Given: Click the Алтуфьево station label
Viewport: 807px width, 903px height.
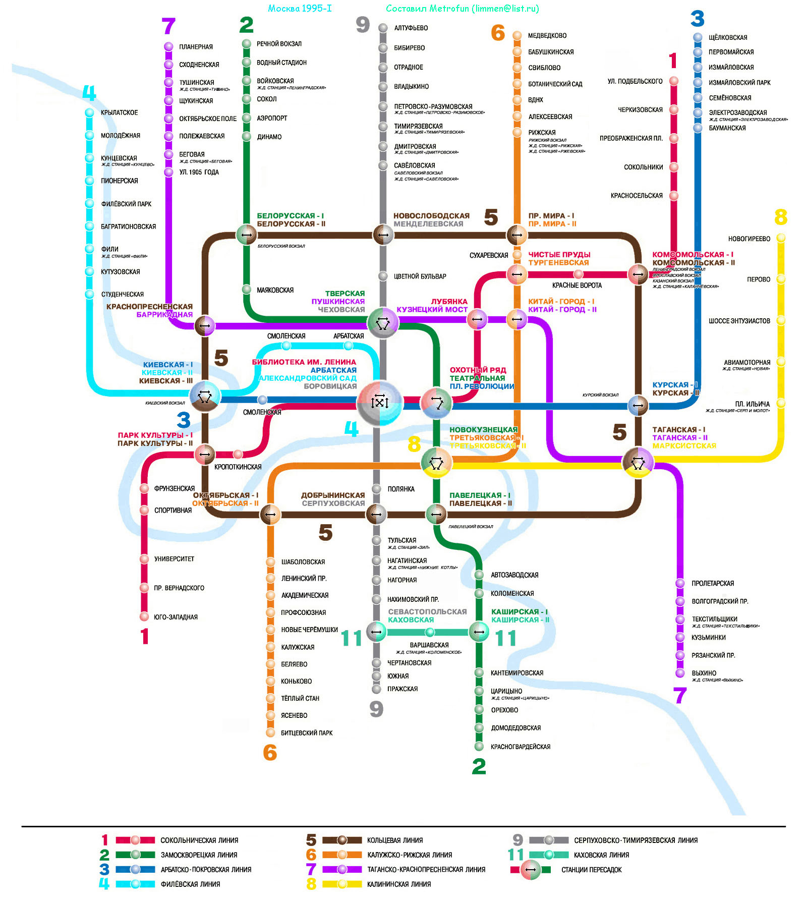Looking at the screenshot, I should (411, 28).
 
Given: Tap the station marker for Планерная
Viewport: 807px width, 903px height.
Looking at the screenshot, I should (168, 47).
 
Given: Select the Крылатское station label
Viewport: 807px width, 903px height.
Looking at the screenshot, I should (119, 112).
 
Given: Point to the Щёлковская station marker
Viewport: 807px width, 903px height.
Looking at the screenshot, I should (698, 37).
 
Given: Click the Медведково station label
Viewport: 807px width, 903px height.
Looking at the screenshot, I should (547, 36).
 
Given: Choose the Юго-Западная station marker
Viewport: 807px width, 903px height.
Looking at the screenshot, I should (144, 616).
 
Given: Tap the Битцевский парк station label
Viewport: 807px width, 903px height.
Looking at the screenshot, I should (307, 733).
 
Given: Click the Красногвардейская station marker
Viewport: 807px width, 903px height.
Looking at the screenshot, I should (479, 747).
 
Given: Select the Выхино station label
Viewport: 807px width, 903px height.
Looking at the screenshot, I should (704, 673).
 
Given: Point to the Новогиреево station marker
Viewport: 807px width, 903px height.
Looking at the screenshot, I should (781, 238).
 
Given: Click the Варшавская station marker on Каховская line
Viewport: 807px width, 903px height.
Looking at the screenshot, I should (430, 632).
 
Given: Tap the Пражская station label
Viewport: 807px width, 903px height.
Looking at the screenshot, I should (402, 689).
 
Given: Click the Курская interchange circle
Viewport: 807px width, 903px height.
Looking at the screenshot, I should (638, 405).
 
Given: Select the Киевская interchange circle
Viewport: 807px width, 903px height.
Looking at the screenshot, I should (204, 397).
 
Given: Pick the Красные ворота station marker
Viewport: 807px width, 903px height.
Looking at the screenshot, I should (578, 274).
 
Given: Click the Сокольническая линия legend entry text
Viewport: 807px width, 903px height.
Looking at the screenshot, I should (199, 840).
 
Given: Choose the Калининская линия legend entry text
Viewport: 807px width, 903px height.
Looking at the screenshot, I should (398, 884).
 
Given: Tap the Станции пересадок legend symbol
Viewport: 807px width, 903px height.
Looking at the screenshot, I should (530, 870).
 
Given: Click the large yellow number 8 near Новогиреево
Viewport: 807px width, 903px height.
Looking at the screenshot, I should (780, 217).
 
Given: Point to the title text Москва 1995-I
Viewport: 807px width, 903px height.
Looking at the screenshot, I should (300, 9).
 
